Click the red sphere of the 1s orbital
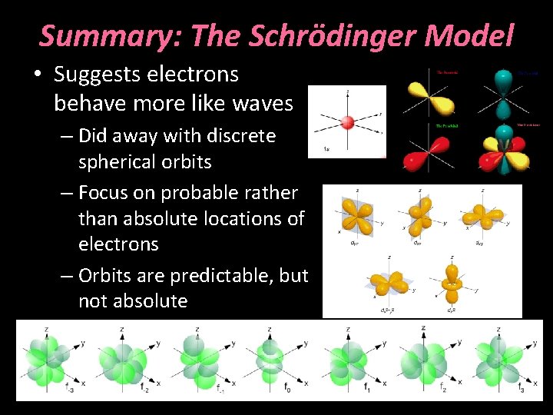347,121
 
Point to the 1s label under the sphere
328,149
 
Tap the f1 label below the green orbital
367,387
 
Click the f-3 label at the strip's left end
71,388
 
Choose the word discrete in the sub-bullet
240,137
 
